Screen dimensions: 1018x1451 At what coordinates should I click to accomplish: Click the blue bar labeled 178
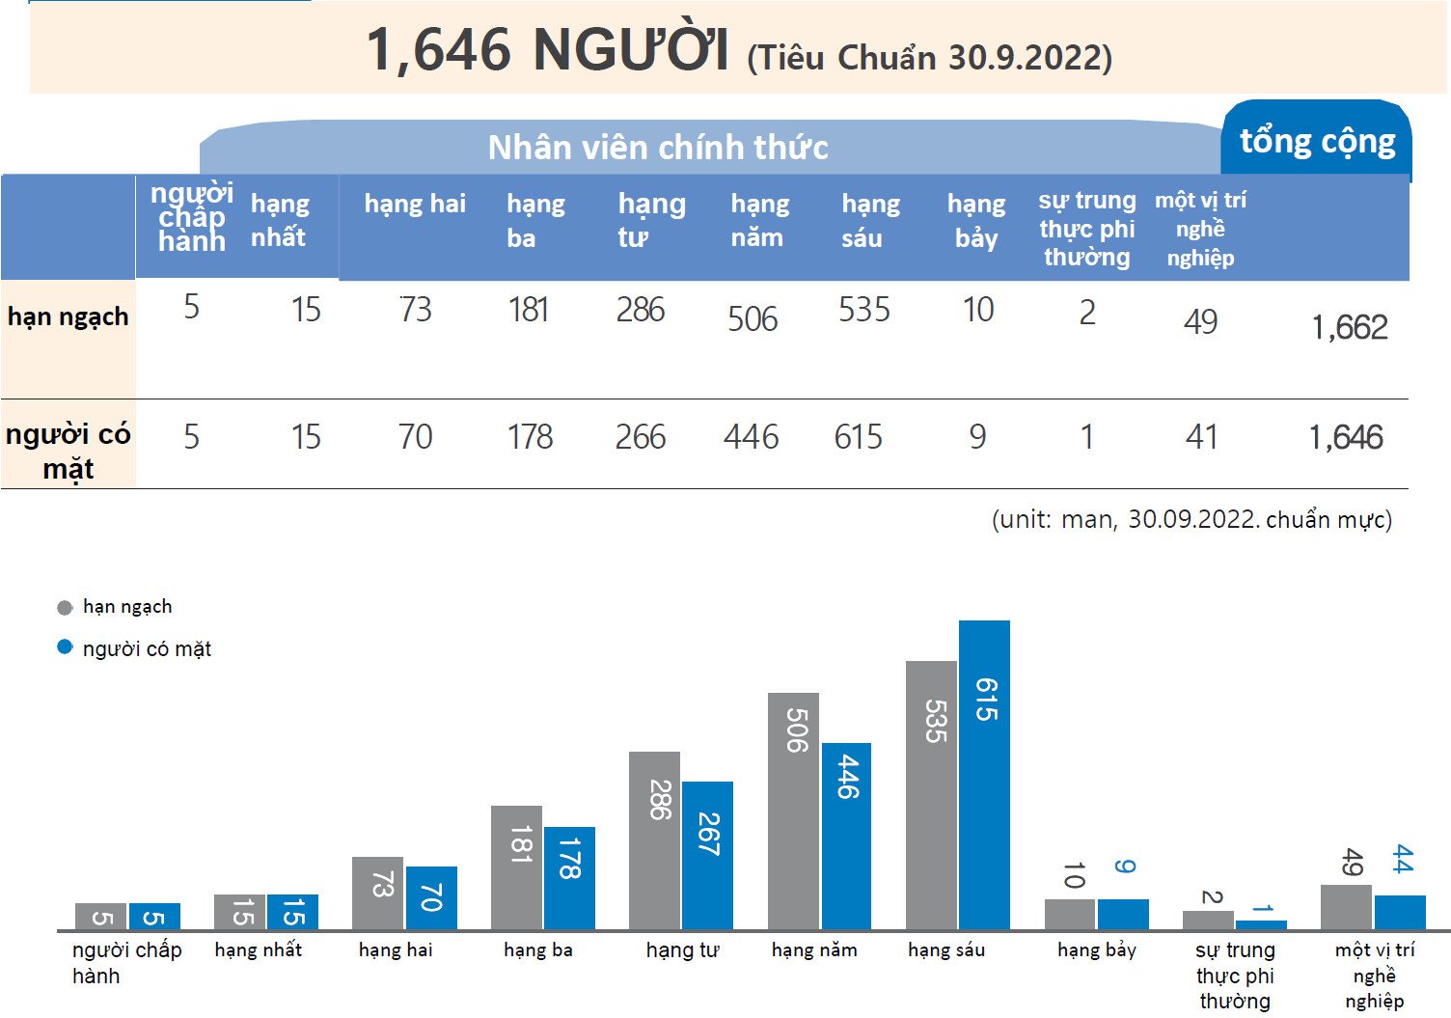[x=569, y=878]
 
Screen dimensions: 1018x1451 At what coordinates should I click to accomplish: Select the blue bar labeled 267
[x=707, y=855]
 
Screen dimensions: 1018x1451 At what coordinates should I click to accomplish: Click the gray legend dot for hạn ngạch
[x=65, y=608]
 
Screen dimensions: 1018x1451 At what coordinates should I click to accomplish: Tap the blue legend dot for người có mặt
[x=65, y=647]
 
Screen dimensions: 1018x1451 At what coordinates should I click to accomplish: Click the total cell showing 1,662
[x=1349, y=328]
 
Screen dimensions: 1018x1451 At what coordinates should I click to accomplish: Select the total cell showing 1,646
[x=1346, y=438]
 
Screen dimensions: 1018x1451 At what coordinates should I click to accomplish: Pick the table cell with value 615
[x=858, y=438]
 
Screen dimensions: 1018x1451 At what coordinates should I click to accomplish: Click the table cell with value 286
[x=641, y=310]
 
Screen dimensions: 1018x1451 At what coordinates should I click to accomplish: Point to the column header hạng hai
[x=415, y=204]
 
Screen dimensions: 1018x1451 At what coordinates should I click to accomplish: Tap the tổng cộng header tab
[x=1317, y=142]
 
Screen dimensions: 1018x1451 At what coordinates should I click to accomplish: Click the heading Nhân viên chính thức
[x=658, y=148]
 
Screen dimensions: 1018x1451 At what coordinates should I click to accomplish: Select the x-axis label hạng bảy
[x=1096, y=950]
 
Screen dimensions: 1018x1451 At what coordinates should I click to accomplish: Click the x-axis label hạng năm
[x=814, y=950]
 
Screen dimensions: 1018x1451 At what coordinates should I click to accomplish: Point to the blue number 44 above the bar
[x=1402, y=859]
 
